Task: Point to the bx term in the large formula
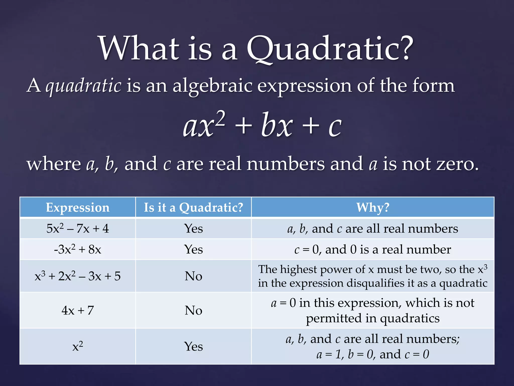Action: (x=277, y=125)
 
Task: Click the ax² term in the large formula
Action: (x=204, y=125)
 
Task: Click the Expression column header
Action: (x=78, y=208)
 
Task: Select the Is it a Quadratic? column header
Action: (x=193, y=208)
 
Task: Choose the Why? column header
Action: (x=373, y=208)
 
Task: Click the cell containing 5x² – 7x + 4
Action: (x=78, y=229)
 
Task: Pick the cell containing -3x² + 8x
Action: (x=78, y=250)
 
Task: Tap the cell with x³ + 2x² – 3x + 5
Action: (x=78, y=276)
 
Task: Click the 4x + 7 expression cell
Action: (x=78, y=310)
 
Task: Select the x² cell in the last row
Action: (x=78, y=347)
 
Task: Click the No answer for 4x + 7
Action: (x=193, y=310)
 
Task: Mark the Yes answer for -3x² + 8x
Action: (x=193, y=250)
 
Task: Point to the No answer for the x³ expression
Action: (x=193, y=276)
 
